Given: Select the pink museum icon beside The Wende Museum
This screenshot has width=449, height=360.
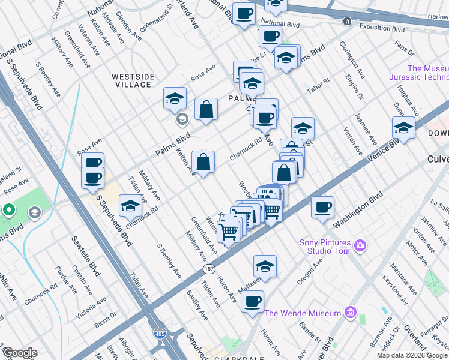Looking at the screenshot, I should [351, 313].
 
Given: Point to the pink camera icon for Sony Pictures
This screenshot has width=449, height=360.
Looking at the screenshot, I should [360, 245].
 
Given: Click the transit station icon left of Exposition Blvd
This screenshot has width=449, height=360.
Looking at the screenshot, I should [347, 22].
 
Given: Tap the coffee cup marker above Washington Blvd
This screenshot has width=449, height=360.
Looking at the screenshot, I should [322, 207].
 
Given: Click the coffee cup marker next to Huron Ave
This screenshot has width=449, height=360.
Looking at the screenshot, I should [253, 301].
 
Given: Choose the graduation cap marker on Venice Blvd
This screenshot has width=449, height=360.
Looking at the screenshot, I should [403, 127].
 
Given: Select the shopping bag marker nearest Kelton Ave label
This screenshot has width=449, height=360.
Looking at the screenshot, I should [203, 162].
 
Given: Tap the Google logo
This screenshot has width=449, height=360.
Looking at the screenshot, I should [20, 353].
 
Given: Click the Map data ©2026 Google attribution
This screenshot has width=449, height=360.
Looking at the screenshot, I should [412, 355].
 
